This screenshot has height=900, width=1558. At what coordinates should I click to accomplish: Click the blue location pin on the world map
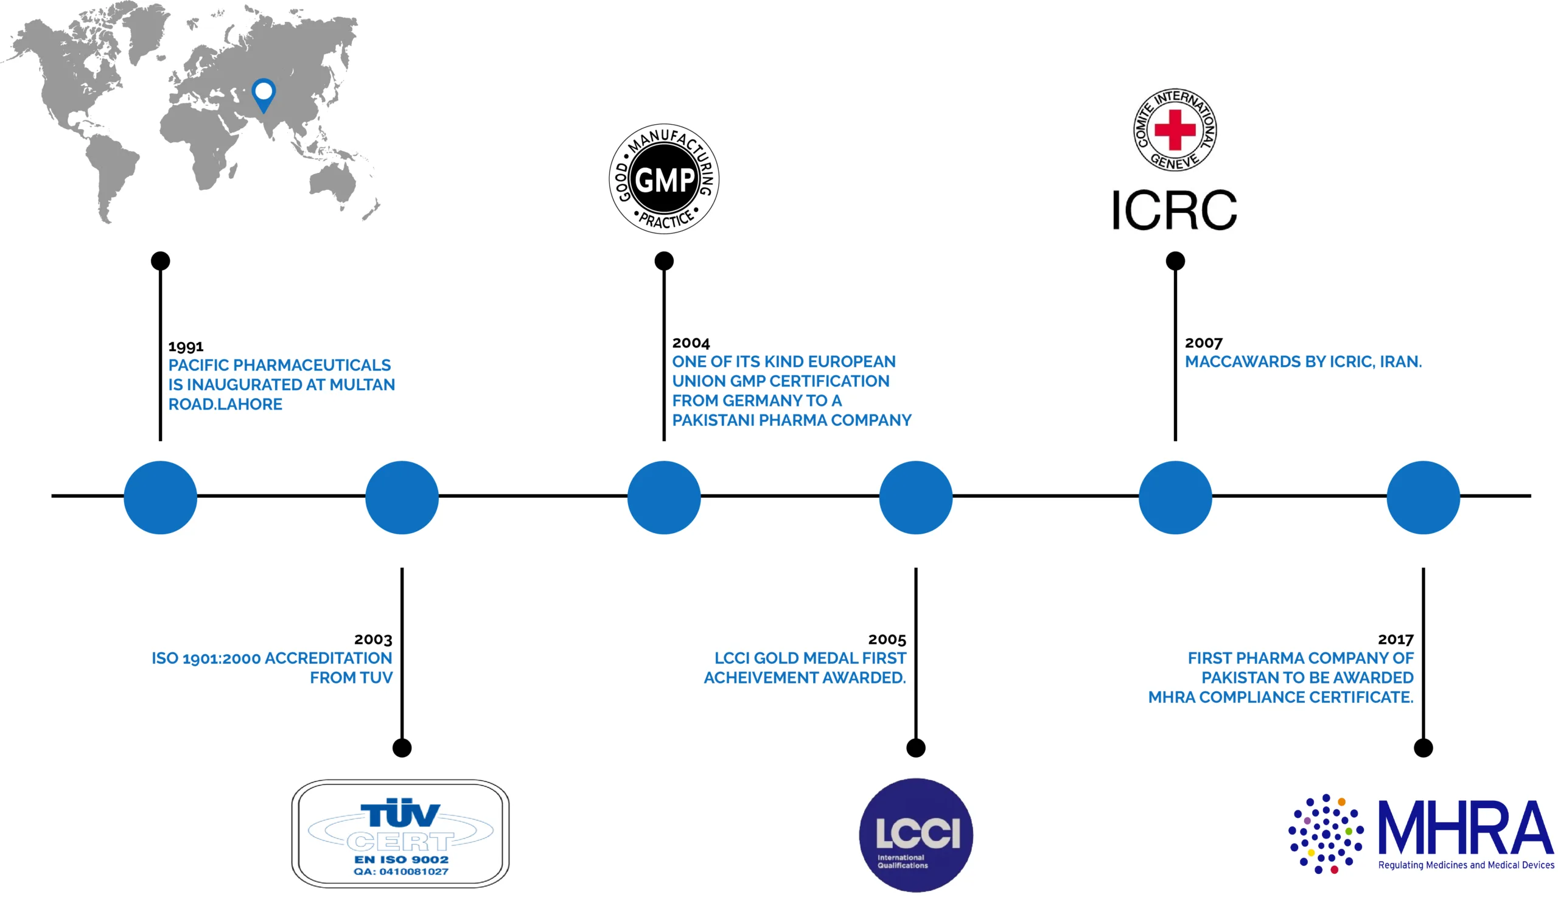(264, 93)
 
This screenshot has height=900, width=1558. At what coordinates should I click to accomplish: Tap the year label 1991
(186, 346)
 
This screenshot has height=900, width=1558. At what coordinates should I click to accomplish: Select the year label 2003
(372, 639)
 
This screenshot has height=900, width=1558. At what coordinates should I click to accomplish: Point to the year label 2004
(690, 343)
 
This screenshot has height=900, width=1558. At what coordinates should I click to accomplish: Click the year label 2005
(886, 639)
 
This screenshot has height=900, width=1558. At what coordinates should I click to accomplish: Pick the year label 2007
(1203, 343)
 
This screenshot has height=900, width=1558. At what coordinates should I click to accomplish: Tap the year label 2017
(1395, 639)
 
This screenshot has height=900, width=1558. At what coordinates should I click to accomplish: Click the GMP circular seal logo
(664, 179)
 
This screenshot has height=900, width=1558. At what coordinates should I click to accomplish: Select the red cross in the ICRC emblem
(1174, 130)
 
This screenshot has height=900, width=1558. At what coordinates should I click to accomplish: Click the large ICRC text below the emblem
(1173, 211)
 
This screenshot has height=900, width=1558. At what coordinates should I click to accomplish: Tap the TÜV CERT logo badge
(400, 833)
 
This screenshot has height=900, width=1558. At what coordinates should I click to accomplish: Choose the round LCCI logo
(915, 834)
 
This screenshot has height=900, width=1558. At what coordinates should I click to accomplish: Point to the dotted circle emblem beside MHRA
(1325, 833)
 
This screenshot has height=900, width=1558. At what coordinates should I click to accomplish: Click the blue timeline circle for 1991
(160, 497)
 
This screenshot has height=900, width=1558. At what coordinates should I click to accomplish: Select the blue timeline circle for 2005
(915, 497)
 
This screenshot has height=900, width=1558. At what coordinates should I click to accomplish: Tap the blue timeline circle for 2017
(1423, 497)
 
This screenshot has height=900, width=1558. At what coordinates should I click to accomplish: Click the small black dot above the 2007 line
(1175, 261)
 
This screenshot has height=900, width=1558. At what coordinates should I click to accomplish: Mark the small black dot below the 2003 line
(402, 748)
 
